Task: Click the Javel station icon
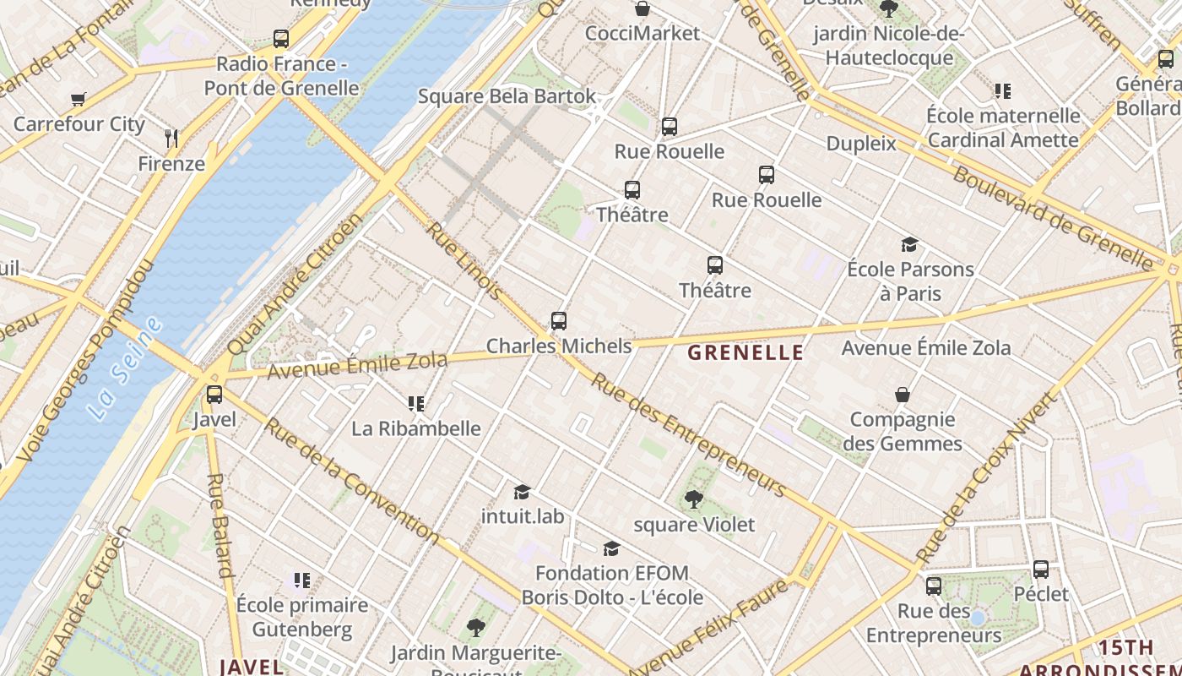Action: tap(214, 394)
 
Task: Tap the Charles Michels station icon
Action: tap(558, 321)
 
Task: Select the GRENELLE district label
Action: tap(746, 353)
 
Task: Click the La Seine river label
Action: tap(125, 368)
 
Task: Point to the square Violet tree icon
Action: tap(694, 499)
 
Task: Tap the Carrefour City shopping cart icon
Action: tap(79, 99)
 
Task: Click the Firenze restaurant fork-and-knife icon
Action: tap(171, 138)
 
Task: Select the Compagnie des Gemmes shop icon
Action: tap(903, 395)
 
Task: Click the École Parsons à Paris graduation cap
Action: tap(909, 245)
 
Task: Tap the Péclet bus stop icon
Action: tap(1041, 570)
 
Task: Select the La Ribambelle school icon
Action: tap(415, 403)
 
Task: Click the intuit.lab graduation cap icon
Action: tap(522, 492)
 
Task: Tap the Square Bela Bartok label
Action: tap(507, 96)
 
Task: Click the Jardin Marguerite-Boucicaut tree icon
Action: tap(475, 627)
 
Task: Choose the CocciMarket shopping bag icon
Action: tap(643, 9)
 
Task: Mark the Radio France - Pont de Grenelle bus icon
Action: tap(281, 39)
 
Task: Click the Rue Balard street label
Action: tap(219, 525)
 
